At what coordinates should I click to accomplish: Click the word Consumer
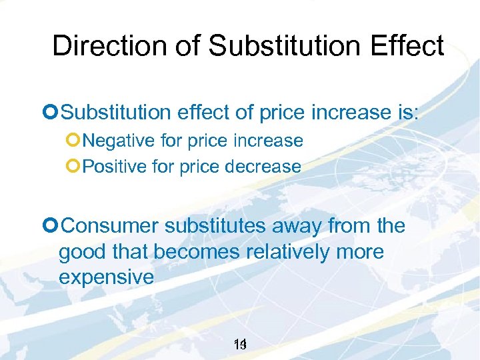pyautogui.click(x=110, y=226)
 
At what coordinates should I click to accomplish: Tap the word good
pyautogui.click(x=80, y=253)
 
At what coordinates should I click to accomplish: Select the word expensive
pyautogui.click(x=107, y=277)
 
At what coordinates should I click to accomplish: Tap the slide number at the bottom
pyautogui.click(x=241, y=345)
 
